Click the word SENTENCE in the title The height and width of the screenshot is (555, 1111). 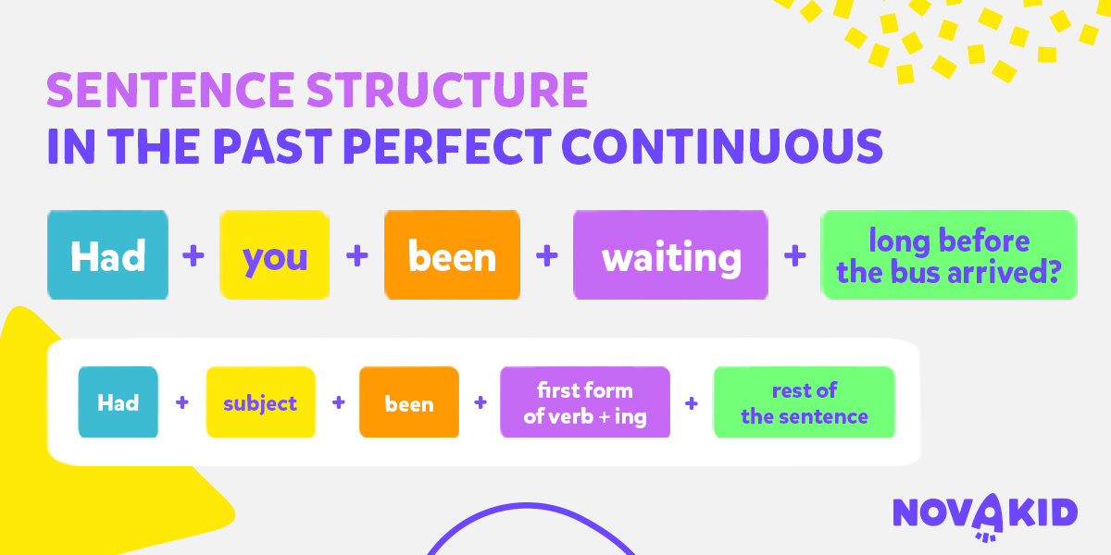click(x=170, y=90)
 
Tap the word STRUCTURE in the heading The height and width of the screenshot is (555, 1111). click(x=447, y=90)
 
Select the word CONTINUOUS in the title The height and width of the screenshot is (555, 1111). click(x=722, y=146)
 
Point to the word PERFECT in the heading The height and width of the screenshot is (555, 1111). click(x=447, y=146)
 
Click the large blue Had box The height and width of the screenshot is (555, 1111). click(x=107, y=254)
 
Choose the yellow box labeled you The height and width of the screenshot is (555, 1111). click(x=275, y=254)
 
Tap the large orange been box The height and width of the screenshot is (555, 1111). click(x=453, y=254)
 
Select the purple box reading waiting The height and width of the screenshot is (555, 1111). click(x=670, y=254)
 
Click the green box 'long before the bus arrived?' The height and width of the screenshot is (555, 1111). click(x=949, y=254)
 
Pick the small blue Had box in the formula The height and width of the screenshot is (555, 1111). click(x=119, y=401)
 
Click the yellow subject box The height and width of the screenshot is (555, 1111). click(x=260, y=401)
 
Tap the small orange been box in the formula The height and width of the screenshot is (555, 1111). click(x=409, y=401)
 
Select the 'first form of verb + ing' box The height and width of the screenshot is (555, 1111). click(x=585, y=401)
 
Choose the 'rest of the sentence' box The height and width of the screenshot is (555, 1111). click(x=805, y=401)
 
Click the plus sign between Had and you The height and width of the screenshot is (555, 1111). click(x=193, y=255)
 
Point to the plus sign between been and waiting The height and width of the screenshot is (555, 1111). click(x=547, y=255)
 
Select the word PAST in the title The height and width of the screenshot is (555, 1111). click(x=273, y=146)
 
